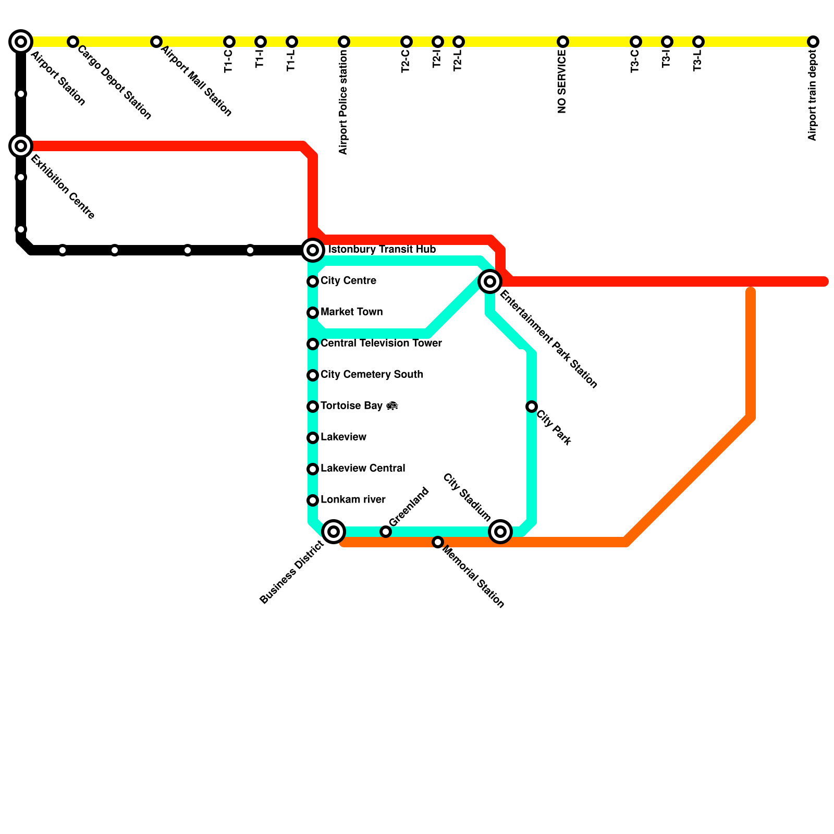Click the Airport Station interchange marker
[x=21, y=41]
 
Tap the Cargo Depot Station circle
[x=73, y=41]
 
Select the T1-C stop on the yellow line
[x=229, y=41]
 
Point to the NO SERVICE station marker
[x=562, y=41]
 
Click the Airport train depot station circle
[x=813, y=41]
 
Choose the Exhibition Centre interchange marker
[x=21, y=146]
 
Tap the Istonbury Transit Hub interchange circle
[x=313, y=250]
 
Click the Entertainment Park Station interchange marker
[x=490, y=281]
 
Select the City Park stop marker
[x=532, y=406]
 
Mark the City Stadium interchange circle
[x=500, y=532]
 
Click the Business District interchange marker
[x=334, y=532]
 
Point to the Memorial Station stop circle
[x=438, y=542]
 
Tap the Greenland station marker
[x=386, y=532]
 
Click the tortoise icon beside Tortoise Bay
[x=393, y=406]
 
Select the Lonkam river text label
[x=353, y=499]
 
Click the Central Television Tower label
[x=381, y=343]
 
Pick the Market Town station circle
[x=313, y=313]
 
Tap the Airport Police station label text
[x=343, y=102]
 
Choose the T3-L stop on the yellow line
[x=698, y=41]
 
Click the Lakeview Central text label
[x=363, y=468]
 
